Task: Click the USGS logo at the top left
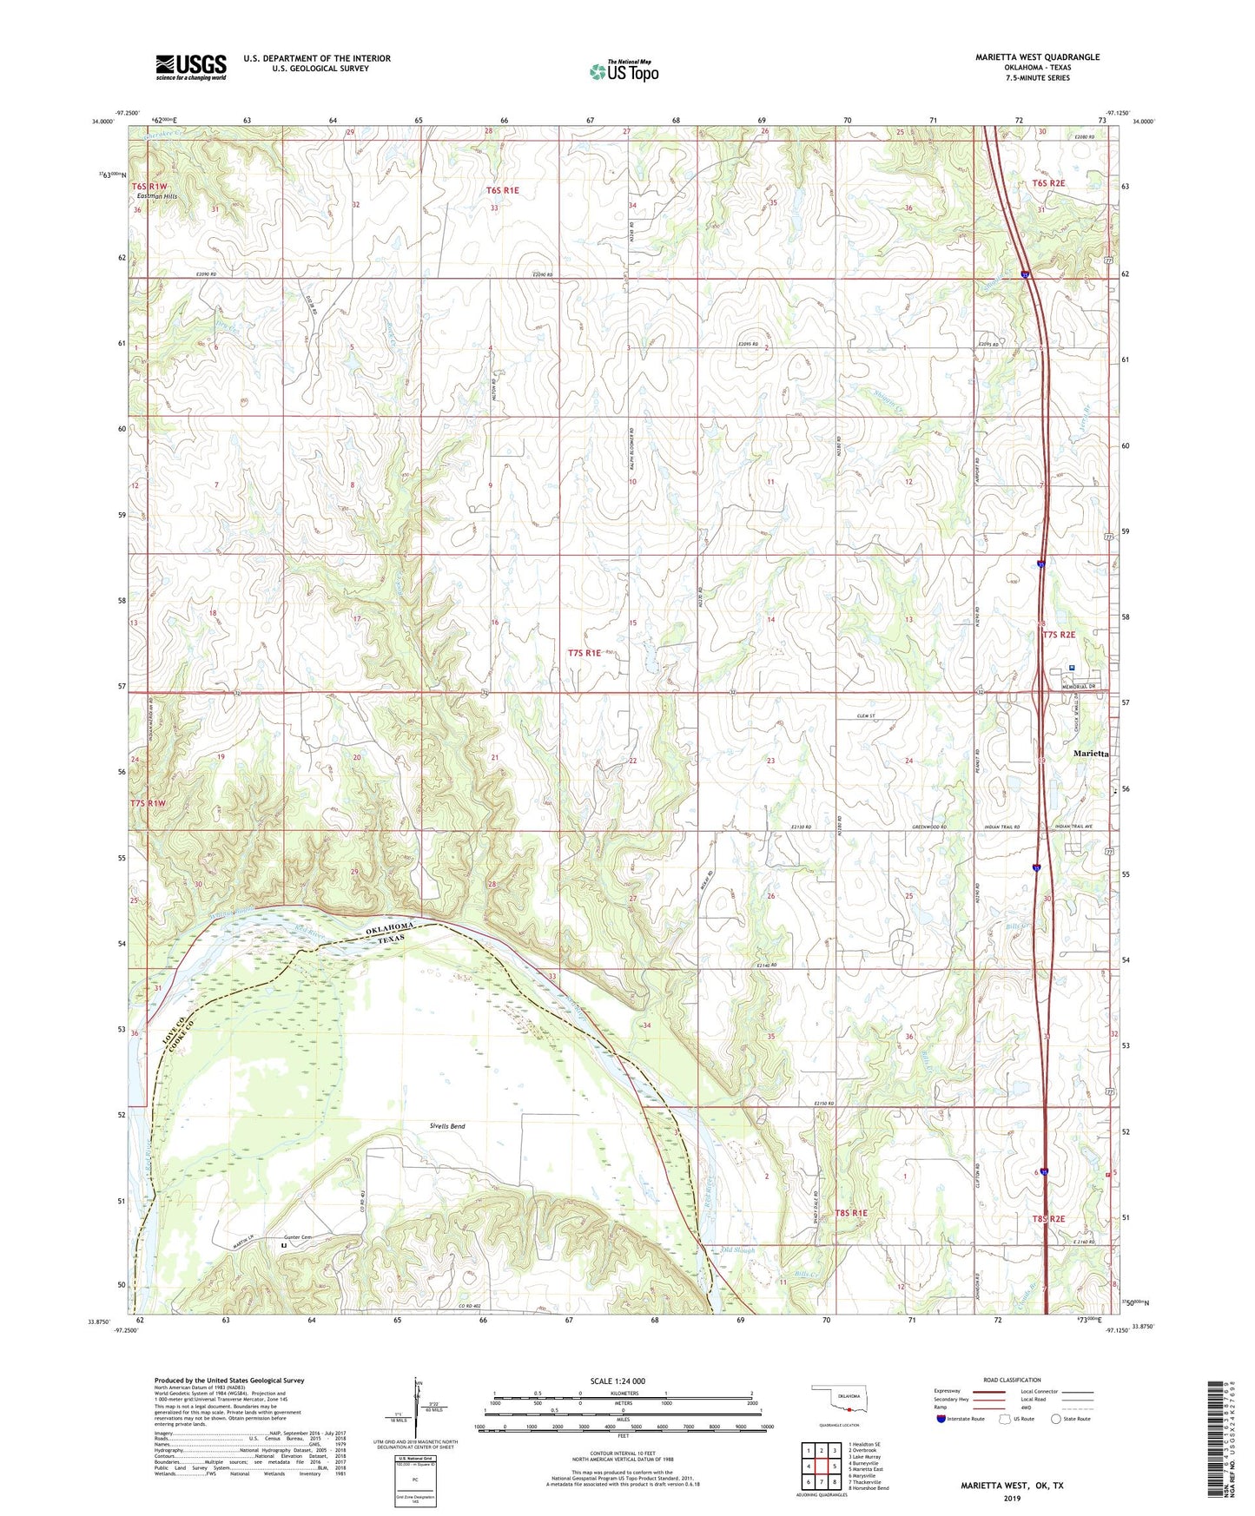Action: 190,67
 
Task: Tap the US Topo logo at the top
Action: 623,71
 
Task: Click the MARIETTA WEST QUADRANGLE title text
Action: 1037,57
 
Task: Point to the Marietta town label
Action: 1090,754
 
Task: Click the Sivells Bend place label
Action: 446,1126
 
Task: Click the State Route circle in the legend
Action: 1056,1420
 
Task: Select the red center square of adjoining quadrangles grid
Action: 821,1467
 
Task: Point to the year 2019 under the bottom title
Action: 1012,1499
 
